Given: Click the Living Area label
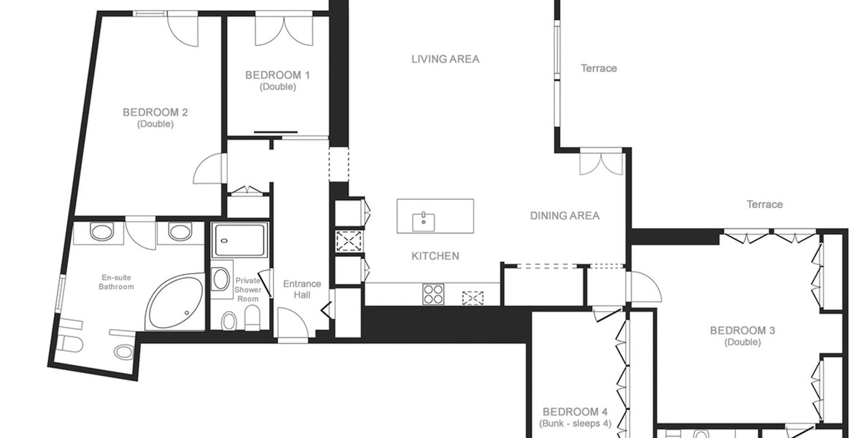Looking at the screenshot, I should (x=445, y=59).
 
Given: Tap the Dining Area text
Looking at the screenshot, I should (x=564, y=215).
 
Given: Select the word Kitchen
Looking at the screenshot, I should (x=435, y=255).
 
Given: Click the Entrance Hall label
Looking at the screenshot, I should (x=301, y=289).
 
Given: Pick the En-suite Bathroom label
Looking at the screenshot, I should (x=116, y=282).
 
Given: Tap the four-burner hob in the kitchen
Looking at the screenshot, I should (x=434, y=294).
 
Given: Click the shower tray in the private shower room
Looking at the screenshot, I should (x=240, y=239).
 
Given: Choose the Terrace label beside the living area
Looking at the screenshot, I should (x=599, y=69).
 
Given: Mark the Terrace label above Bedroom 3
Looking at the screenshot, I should (x=764, y=204).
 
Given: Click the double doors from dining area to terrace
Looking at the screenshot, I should (x=601, y=162).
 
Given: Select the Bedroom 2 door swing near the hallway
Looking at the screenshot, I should (x=208, y=169).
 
